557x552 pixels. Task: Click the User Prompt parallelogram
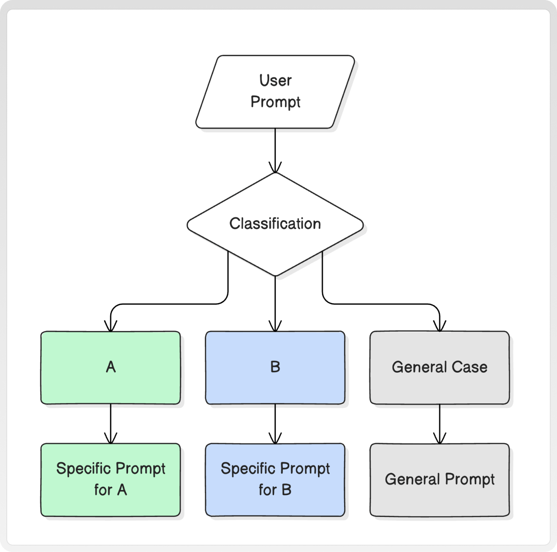(275, 92)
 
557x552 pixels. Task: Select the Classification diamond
(275, 224)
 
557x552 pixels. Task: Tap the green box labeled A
(111, 368)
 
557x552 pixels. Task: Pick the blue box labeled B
(275, 368)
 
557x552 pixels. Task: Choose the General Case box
(440, 368)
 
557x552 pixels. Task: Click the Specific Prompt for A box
(111, 480)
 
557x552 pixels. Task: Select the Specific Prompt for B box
(275, 480)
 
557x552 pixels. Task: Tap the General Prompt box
(440, 480)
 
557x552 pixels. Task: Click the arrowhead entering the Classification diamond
(275, 168)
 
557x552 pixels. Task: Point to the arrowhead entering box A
(111, 326)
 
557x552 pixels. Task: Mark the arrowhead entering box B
(275, 326)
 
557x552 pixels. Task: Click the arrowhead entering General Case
(440, 326)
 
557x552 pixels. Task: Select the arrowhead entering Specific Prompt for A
(111, 438)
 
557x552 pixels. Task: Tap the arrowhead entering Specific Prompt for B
(275, 438)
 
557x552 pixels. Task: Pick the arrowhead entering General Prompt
(440, 438)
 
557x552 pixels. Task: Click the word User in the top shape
(275, 80)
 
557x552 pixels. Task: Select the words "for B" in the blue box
(275, 490)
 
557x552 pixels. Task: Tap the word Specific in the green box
(84, 469)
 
